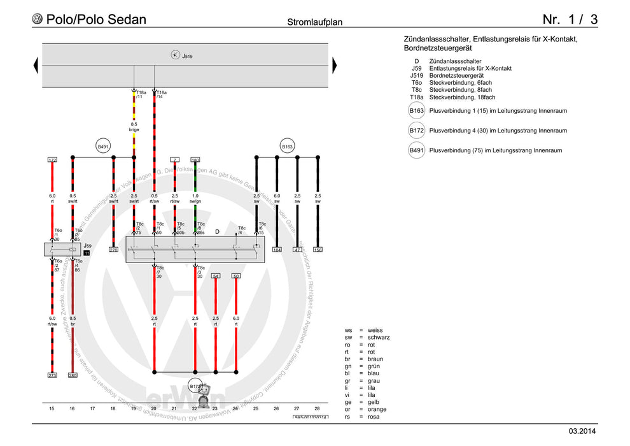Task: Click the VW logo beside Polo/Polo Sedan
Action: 38,20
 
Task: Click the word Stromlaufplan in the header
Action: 315,22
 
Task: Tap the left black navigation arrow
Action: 36,65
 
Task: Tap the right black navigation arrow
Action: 334,65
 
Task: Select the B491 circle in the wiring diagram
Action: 103,147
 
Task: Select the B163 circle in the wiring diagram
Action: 287,147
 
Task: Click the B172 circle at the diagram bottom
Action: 195,386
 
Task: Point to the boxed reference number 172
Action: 52,159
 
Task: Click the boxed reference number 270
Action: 113,250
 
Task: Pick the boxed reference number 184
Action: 277,250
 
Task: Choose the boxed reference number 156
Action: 318,250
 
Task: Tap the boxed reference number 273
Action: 52,375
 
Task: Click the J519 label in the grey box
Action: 187,57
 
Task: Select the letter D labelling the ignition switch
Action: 217,232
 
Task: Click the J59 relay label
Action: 88,245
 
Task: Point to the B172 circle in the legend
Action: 416,131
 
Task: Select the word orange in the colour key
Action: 377,409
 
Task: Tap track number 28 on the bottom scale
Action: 317,408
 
